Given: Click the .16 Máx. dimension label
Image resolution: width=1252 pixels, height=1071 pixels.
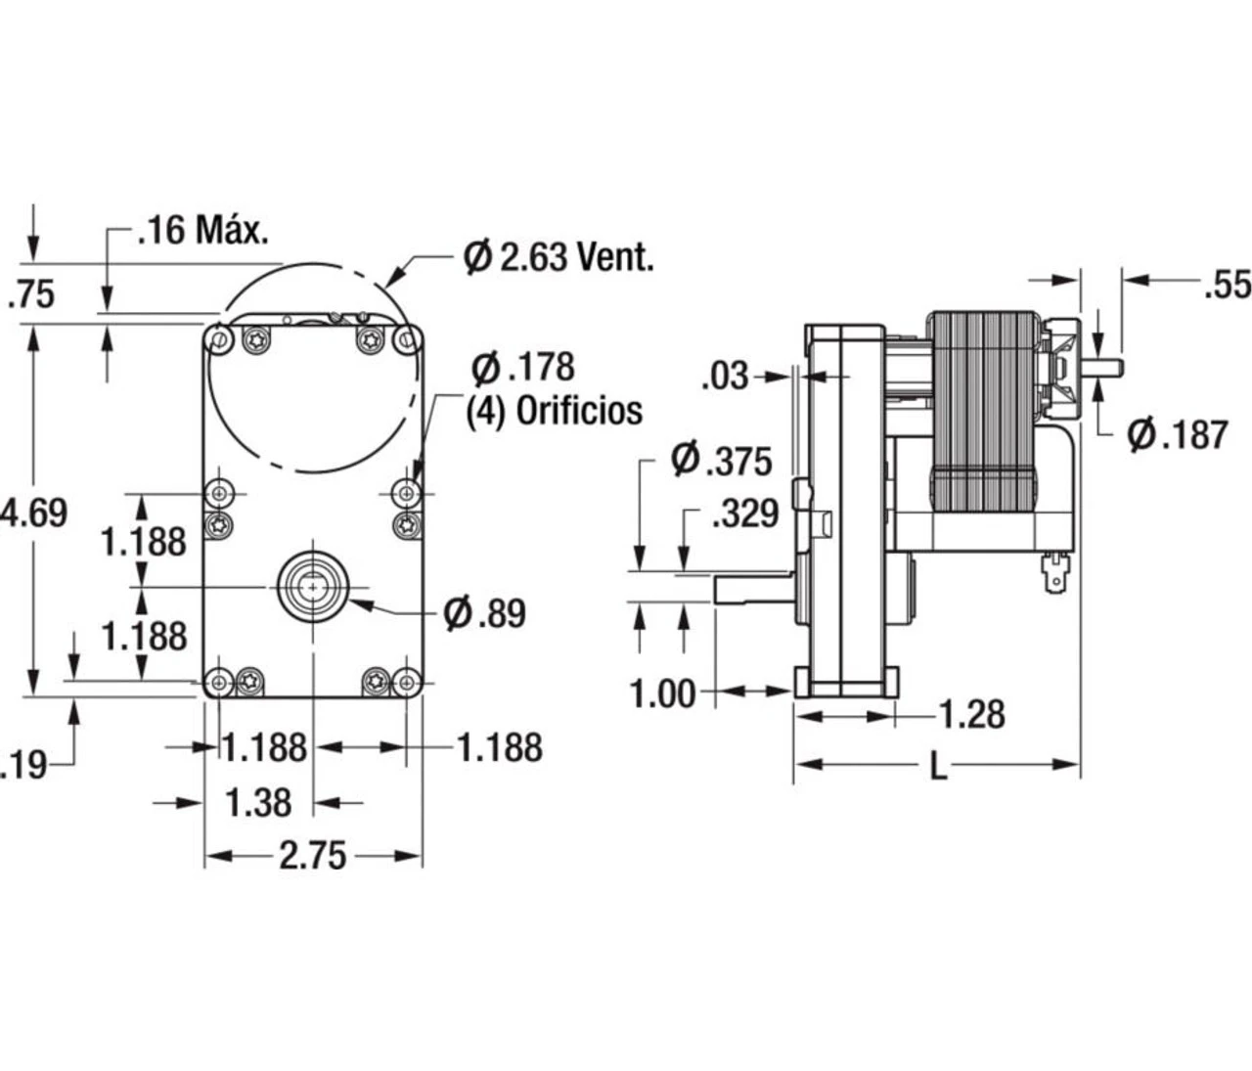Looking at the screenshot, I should pos(202,232).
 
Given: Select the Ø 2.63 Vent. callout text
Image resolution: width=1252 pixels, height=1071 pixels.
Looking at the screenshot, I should pos(559,257).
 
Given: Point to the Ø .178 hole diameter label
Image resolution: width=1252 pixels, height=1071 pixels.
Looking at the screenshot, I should pos(522,368).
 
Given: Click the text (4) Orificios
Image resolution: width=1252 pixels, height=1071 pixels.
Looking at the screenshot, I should pos(554,411).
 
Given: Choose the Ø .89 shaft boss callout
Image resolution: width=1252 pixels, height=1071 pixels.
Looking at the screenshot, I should pos(483,613).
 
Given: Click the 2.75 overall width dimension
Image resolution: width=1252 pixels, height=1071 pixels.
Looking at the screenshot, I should pos(312,856).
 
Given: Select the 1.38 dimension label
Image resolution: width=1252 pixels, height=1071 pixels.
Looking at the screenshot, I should pos(258,803).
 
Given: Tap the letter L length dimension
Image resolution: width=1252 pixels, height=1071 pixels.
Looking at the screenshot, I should pos(938,767).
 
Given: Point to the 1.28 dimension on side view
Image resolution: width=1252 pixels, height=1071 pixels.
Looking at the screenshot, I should pos(971,715).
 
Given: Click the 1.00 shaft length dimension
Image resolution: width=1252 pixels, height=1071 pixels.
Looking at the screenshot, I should pos(662,694).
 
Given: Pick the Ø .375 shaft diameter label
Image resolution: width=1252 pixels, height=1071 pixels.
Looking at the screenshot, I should pos(722,460).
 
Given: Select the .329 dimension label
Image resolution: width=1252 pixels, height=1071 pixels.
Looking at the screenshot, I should pos(744,513).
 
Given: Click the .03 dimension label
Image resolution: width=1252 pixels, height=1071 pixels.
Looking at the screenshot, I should pos(725,376).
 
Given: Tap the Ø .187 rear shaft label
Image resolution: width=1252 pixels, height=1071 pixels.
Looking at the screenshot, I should pos(1177,434).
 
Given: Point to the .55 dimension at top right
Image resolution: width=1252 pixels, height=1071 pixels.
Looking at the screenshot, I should pos(1228,284).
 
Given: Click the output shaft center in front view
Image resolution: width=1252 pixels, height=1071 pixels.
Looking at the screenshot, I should pos(312,586).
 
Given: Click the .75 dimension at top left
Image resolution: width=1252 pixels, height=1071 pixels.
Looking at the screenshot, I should pos(30,294).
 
